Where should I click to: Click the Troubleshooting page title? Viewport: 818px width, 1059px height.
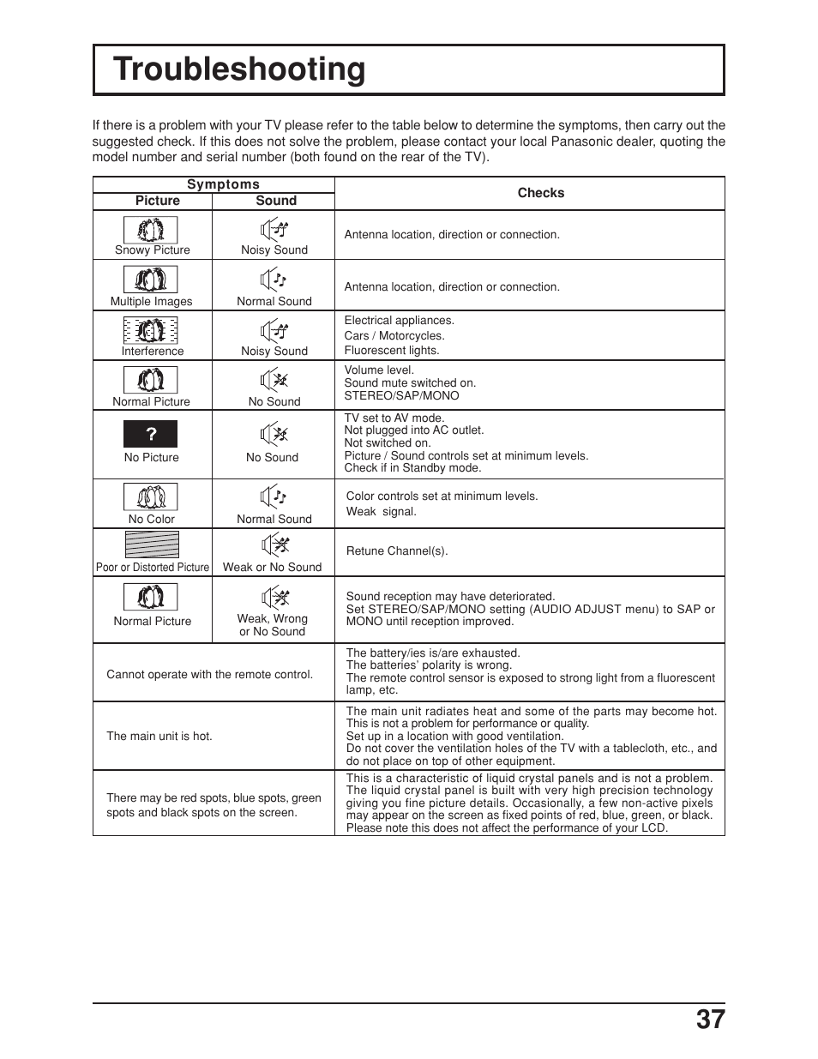pos(239,69)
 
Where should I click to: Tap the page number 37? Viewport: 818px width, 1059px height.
pos(710,1020)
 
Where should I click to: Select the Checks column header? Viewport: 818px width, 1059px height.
pos(540,193)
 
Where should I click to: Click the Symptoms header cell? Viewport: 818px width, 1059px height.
pos(223,184)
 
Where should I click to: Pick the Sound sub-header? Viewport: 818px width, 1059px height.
pos(275,201)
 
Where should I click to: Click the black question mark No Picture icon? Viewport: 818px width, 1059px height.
pos(151,434)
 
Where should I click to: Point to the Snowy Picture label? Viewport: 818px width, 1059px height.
pos(152,250)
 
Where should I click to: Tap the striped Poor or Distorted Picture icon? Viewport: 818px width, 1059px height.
pos(152,545)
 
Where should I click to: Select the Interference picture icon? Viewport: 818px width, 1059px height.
pos(151,330)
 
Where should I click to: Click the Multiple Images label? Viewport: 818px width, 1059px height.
pos(151,302)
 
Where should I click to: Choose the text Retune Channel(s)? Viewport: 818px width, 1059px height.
pos(396,551)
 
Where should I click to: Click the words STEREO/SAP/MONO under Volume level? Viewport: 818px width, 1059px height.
pos(401,396)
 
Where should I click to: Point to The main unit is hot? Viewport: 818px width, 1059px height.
pos(159,736)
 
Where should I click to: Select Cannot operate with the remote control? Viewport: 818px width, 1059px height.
pos(209,675)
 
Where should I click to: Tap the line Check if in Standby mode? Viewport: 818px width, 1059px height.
pos(412,468)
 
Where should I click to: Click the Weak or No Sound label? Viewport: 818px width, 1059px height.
pos(272,568)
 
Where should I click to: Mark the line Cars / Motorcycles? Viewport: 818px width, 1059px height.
pos(394,336)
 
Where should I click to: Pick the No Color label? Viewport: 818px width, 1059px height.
pos(151,520)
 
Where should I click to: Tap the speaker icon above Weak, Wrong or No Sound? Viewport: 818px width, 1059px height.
pos(274,598)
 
